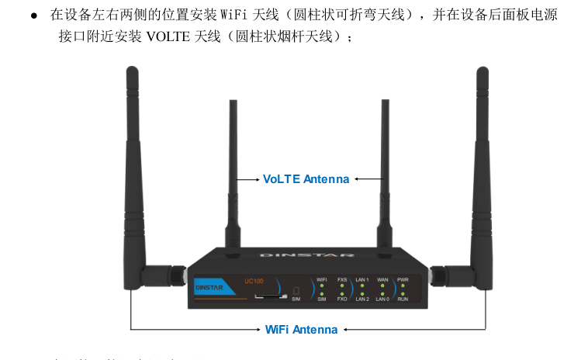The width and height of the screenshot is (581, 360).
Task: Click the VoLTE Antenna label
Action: pos(306,179)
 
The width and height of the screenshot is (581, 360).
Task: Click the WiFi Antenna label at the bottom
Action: pos(301,330)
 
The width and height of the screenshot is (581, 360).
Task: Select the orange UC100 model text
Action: pos(254,281)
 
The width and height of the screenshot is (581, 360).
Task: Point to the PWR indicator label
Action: pos(403,279)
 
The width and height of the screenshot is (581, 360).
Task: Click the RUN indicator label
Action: pos(403,299)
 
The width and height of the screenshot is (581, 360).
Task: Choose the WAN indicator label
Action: pos(382,279)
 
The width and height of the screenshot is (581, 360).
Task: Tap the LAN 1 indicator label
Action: pos(362,279)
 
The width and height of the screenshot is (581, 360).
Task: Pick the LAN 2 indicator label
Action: pos(362,299)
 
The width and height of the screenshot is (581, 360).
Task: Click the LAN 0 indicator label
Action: pos(382,299)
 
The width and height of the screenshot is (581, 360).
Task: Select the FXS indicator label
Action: pos(342,279)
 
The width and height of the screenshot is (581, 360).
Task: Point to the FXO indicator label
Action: pos(342,299)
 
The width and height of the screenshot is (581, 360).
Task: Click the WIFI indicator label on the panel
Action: pos(322,279)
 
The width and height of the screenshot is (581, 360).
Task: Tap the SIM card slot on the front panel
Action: pos(269,296)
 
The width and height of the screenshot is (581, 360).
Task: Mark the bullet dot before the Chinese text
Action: pos(34,16)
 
